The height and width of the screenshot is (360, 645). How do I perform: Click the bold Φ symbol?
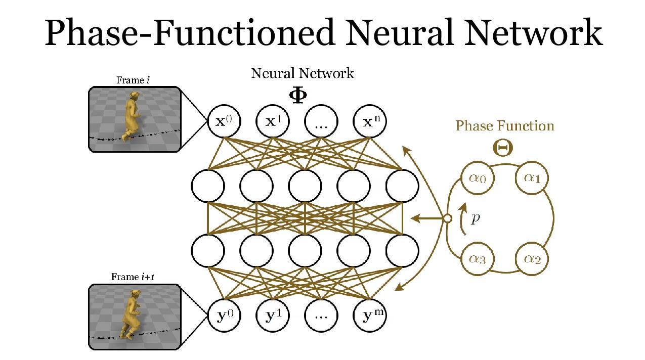(x=298, y=96)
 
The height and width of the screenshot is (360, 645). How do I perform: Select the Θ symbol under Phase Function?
(x=503, y=148)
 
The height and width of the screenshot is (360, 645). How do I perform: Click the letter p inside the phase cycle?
(x=476, y=218)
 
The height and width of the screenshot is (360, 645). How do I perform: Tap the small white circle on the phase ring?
(x=447, y=218)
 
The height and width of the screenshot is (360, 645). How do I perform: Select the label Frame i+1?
(x=133, y=277)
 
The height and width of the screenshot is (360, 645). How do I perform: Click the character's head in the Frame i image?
(x=134, y=96)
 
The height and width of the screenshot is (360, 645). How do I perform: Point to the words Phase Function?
(x=505, y=126)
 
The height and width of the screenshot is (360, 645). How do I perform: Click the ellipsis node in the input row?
(x=321, y=121)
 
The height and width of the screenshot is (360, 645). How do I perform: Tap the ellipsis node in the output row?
(x=321, y=316)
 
